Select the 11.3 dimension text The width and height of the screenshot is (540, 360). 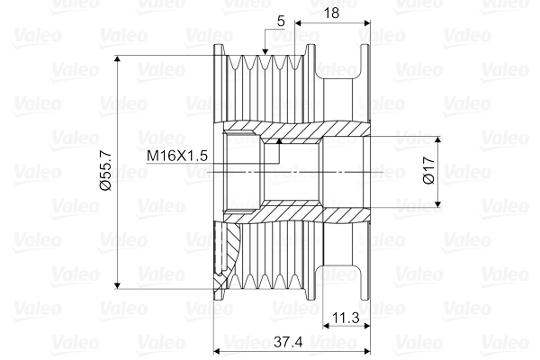pos(346,317)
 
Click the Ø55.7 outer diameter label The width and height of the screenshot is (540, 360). pos(105,172)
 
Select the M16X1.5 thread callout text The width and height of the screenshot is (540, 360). pos(178,156)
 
